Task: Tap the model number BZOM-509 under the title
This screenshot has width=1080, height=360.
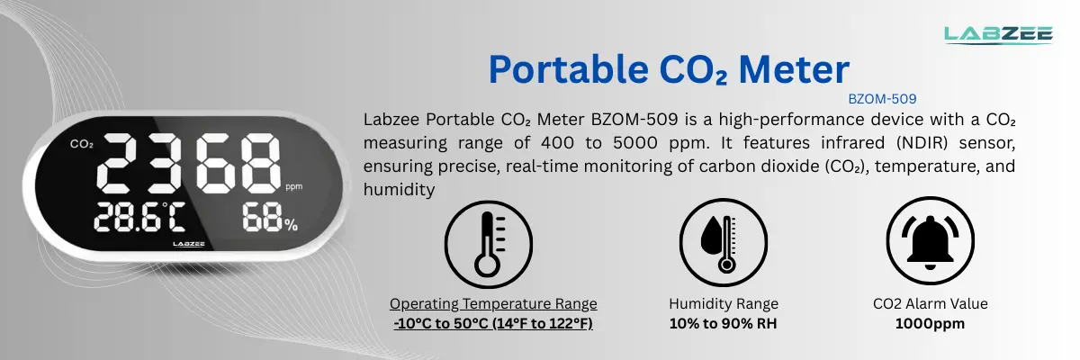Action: [882, 99]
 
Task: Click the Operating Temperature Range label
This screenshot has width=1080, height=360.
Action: [493, 304]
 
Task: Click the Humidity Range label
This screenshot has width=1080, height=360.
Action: [724, 304]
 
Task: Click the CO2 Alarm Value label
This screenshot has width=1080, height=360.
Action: [931, 304]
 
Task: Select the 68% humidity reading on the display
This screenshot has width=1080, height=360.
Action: [268, 220]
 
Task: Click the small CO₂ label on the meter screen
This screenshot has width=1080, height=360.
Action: [81, 144]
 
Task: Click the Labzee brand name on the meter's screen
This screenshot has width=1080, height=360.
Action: [189, 243]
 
